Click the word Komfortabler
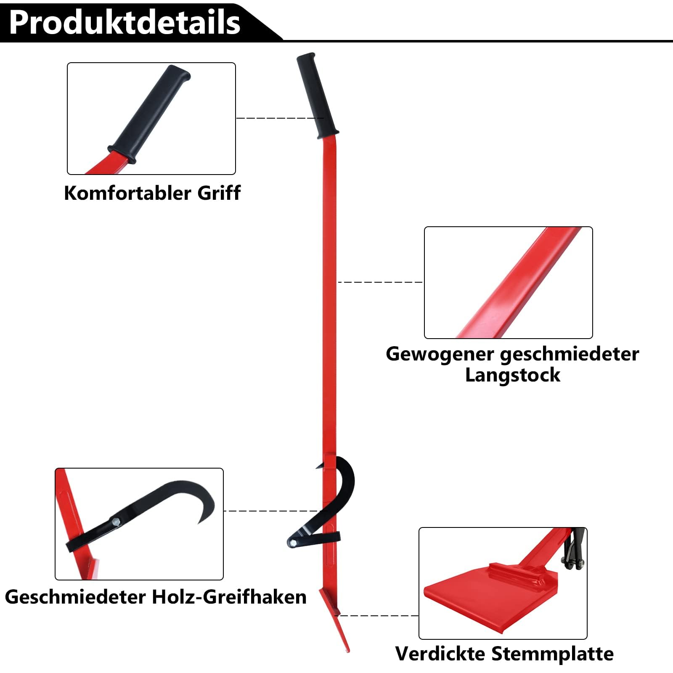coord(128,193)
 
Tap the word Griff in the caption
coord(219,193)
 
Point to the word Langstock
coord(512,375)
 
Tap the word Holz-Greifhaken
coord(229,597)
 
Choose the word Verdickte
coord(440,654)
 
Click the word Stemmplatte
coord(552,654)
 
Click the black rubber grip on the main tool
coord(317,95)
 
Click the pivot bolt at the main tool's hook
coord(292,543)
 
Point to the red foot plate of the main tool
coord(335,618)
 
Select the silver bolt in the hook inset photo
coord(116,522)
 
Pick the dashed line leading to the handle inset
coord(280,118)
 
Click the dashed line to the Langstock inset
coord(381,282)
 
